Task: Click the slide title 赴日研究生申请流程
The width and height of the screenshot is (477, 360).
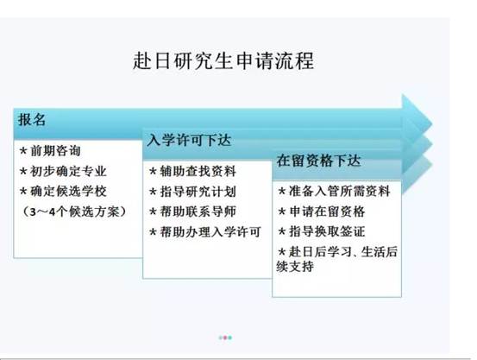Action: pos(223,60)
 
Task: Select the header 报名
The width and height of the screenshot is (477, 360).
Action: pos(32,119)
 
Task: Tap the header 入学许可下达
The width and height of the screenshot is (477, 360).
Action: pos(189,140)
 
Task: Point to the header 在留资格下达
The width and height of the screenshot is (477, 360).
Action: pos(318,161)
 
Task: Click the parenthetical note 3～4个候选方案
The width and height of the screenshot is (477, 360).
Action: pos(73,212)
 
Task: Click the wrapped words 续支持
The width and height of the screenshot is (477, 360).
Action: pos(295,267)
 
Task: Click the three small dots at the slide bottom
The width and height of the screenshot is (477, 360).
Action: pos(225,338)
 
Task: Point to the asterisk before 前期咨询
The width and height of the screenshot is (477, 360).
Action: pos(23,151)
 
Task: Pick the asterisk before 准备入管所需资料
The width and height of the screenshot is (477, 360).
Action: pos(282,192)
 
